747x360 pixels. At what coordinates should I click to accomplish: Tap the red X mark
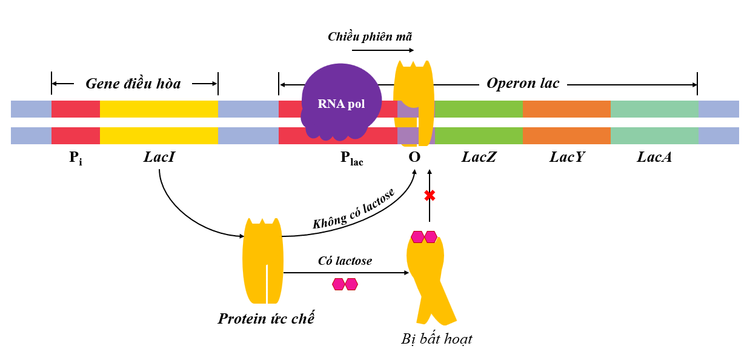[430, 196]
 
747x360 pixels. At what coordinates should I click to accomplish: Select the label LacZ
[479, 158]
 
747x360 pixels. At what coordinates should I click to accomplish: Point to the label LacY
[566, 158]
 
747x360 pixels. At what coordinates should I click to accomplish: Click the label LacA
[654, 158]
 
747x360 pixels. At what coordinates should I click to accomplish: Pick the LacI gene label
[160, 158]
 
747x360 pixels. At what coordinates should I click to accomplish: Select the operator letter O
[414, 158]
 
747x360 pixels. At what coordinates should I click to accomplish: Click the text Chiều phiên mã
[370, 36]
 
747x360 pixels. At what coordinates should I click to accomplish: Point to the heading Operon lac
[523, 83]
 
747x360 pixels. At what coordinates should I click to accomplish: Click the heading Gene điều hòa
[133, 84]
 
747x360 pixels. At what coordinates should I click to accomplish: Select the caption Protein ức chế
[266, 318]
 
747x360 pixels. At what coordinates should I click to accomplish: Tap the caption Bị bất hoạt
[436, 339]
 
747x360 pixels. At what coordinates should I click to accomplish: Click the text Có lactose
[345, 261]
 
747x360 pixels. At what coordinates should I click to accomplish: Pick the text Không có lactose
[354, 208]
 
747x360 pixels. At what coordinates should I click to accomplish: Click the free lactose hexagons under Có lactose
[345, 284]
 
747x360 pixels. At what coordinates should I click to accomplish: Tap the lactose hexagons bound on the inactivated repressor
[424, 236]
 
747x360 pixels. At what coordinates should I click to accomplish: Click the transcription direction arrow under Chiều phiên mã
[382, 50]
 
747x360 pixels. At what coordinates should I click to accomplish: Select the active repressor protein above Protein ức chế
[262, 261]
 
